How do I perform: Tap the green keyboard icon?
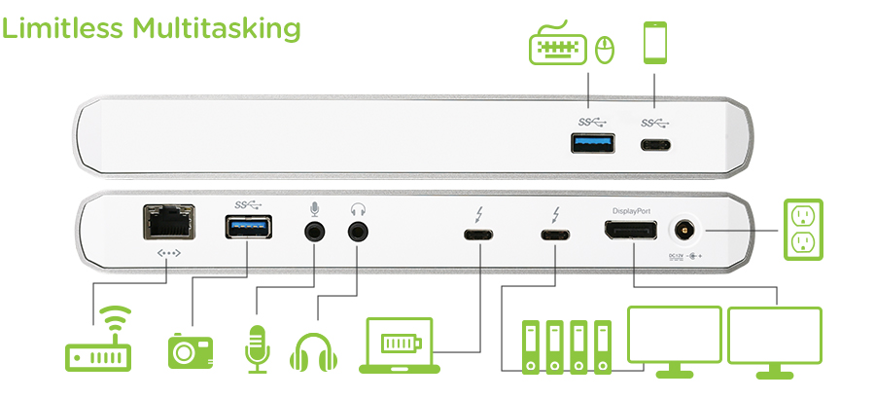pos(557,47)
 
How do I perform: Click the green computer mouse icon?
pos(605,50)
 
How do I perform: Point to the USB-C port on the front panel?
pos(655,148)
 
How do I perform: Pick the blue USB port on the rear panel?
pos(247,230)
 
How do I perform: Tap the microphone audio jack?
pos(314,233)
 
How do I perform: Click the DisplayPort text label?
pos(630,210)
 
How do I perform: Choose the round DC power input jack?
pos(684,231)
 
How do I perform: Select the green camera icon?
pos(190,349)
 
